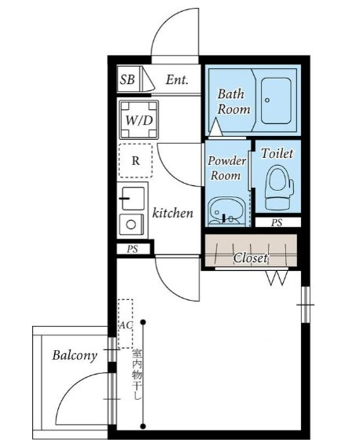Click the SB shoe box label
pos(127,79)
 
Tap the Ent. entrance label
pos(177,79)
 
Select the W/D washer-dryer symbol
pos(138,120)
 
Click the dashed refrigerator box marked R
pos(135,161)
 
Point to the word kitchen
pos(173,213)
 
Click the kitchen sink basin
pos(133,199)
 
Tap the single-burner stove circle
pos(130,225)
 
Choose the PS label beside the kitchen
pos(132,249)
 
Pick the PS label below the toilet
pos(277,222)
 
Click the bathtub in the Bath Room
pos(276,101)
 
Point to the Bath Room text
pos(233,102)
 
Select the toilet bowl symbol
pos(279,187)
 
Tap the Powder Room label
pos(226,168)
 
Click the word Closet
pos(251,258)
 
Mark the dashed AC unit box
pos(126,324)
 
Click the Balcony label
pos(75,356)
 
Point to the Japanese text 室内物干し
pos(137,375)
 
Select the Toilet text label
pos(277,154)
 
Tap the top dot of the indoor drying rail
pos(143,322)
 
